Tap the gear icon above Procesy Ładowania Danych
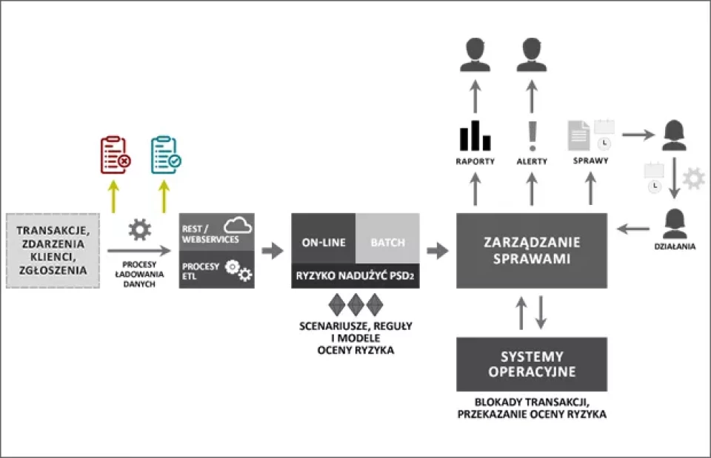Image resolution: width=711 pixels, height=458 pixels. [x=139, y=229]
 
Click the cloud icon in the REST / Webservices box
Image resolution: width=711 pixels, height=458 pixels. [x=237, y=225]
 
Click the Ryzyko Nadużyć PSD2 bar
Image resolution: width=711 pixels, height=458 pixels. [x=355, y=276]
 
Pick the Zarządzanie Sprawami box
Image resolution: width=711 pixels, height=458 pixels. [x=531, y=249]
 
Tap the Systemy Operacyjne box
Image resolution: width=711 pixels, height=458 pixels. [x=531, y=364]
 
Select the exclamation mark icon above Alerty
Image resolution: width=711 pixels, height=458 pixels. [x=531, y=135]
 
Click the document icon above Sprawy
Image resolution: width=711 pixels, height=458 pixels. [x=578, y=135]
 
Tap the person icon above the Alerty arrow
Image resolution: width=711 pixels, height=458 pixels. [x=531, y=54]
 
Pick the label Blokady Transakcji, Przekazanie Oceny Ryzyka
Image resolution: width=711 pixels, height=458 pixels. [x=531, y=408]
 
